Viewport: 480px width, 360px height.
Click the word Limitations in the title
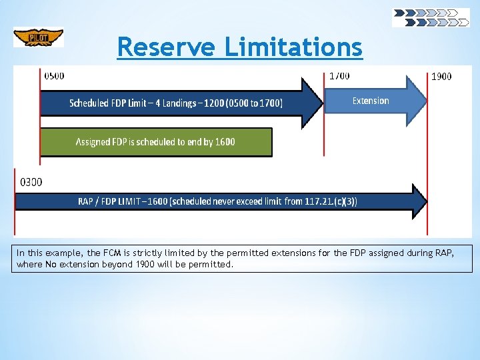click(x=293, y=47)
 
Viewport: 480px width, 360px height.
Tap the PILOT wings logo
click(x=39, y=37)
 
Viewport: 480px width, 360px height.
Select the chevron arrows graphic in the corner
click(x=430, y=17)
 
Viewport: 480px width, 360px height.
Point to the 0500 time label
click(x=55, y=75)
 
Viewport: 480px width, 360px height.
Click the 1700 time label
click(x=339, y=75)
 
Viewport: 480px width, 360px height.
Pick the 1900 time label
click(x=441, y=76)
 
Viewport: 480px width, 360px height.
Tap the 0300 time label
click(x=31, y=181)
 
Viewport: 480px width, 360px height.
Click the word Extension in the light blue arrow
click(x=371, y=101)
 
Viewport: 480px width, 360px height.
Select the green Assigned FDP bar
click(x=156, y=142)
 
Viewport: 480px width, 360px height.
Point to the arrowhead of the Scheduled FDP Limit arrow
click(x=313, y=103)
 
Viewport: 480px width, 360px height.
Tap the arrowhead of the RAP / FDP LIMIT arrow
click(x=419, y=201)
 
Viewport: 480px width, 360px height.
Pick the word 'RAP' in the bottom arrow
click(x=86, y=201)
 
